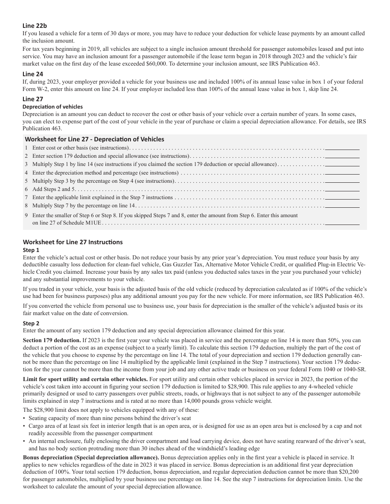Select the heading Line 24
click(x=33, y=74)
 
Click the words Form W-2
click(x=35, y=89)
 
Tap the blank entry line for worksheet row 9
click(x=342, y=223)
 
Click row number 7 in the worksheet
click(x=26, y=198)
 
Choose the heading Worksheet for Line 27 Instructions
click(x=73, y=242)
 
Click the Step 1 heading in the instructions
click(x=31, y=250)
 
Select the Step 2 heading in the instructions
click(x=31, y=323)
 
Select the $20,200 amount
click(x=354, y=472)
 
